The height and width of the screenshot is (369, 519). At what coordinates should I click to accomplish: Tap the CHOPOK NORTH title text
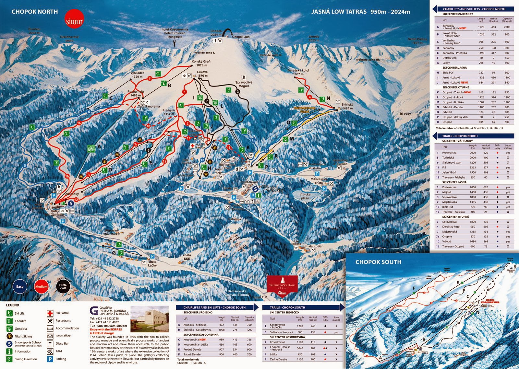point(34,12)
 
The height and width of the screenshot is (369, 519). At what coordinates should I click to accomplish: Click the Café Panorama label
point(149,106)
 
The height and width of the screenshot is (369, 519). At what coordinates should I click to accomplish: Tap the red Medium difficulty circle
point(41,286)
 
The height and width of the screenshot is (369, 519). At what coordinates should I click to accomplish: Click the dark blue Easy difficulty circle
point(20,286)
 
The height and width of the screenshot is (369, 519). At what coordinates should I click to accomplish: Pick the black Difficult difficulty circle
point(63,286)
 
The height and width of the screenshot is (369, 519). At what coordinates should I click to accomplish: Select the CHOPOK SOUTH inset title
point(378,262)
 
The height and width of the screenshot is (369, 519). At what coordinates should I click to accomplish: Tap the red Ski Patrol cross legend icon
point(50,313)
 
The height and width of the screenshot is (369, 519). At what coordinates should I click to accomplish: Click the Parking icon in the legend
point(50,359)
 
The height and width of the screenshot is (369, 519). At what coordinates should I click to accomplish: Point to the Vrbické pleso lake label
point(305,196)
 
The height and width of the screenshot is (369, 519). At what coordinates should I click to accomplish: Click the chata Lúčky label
point(152,263)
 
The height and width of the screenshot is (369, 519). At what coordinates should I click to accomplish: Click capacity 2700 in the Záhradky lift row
point(507,27)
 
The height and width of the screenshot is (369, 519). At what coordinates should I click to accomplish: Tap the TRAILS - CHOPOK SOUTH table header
point(287,307)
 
